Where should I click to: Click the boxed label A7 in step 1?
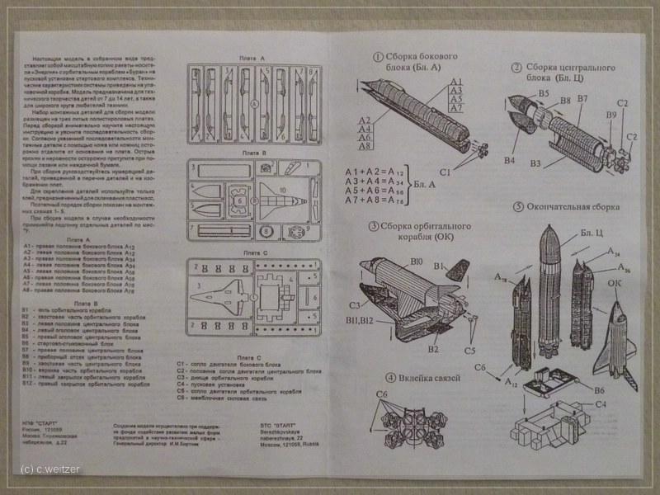[x=456, y=108]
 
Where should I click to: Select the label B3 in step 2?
[x=536, y=163]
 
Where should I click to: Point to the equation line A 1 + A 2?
[x=394, y=171]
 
